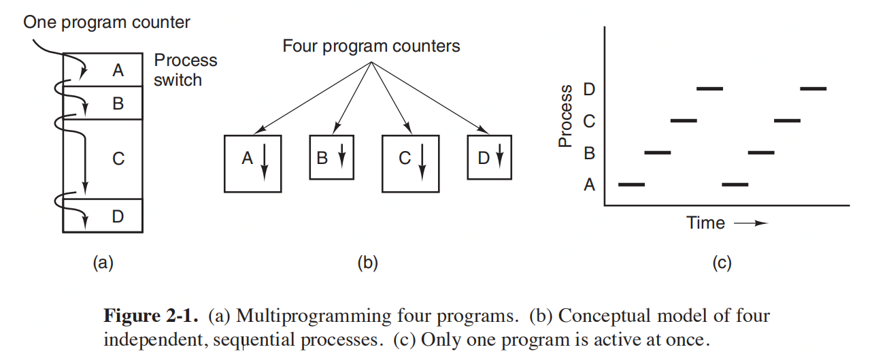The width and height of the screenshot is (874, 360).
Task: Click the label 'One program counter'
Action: click(x=107, y=22)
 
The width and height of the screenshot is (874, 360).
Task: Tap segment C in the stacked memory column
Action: click(x=118, y=159)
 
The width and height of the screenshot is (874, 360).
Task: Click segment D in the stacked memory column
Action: click(x=118, y=216)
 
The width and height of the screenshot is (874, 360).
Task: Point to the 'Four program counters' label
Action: click(x=371, y=46)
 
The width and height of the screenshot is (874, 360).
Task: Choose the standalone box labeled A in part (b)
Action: click(x=252, y=163)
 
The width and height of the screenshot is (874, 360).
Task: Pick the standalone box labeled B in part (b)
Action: click(x=331, y=158)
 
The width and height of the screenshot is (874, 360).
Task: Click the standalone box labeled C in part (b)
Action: click(x=409, y=163)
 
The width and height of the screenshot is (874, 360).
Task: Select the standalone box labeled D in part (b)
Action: click(x=489, y=158)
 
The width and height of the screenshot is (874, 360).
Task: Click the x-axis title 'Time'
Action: click(x=705, y=223)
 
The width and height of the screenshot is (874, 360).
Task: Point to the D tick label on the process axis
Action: click(x=589, y=89)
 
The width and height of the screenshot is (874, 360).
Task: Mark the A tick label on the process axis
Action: click(x=589, y=184)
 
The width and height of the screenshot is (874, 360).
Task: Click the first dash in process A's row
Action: click(x=631, y=184)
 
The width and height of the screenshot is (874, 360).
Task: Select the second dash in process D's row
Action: click(x=813, y=88)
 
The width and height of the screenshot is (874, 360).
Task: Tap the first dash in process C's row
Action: click(x=684, y=120)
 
